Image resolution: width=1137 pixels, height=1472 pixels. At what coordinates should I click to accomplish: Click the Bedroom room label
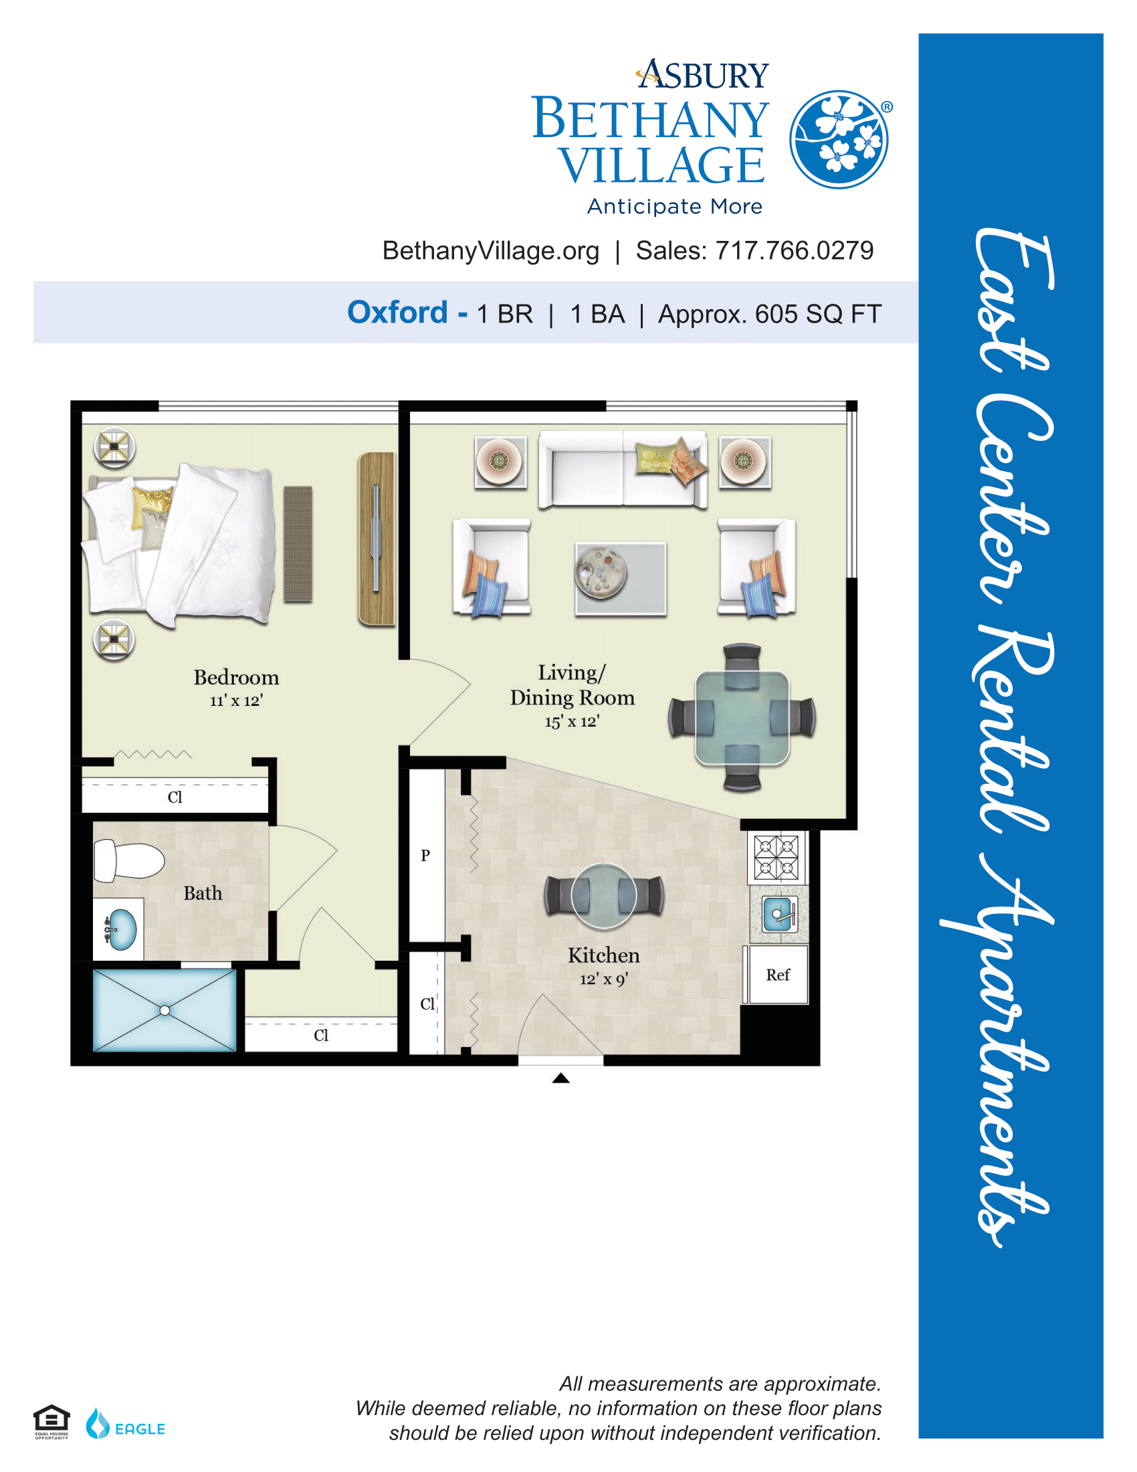pos(235,677)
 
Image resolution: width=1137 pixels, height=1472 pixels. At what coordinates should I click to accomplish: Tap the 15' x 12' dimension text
pos(572,721)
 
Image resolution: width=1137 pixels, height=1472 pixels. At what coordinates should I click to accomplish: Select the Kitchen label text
pos(603,955)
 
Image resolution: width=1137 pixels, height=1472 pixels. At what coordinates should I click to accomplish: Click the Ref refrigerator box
pos(778,975)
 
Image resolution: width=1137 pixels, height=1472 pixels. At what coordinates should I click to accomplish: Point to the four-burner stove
pos(777,857)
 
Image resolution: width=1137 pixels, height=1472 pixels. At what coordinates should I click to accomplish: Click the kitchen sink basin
pos(779,915)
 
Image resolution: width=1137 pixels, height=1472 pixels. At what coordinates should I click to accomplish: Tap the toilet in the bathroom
pos(128,861)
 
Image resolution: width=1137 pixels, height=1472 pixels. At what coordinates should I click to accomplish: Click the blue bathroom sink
pos(121,929)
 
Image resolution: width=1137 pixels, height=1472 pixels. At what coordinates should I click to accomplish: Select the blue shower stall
pos(165,1010)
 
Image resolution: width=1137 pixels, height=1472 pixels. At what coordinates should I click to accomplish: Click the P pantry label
pos(425,856)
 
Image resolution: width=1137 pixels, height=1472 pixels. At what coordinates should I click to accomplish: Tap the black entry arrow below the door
pos(561,1079)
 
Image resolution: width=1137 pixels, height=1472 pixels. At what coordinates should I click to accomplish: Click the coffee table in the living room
pos(621,578)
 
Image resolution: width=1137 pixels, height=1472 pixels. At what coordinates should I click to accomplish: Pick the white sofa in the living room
pos(623,469)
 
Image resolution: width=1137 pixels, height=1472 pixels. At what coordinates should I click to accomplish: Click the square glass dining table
pos(742,718)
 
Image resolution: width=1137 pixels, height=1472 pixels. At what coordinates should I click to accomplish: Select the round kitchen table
pos(603,897)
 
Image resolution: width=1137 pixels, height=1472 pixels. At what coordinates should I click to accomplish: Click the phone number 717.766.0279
pos(794,251)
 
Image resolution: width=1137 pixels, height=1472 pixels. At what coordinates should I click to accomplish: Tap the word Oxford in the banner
pos(397,312)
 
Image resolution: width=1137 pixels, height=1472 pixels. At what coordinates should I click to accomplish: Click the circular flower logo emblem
pos(839,140)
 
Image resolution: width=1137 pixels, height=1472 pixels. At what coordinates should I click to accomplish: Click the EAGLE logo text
pos(140,1429)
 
